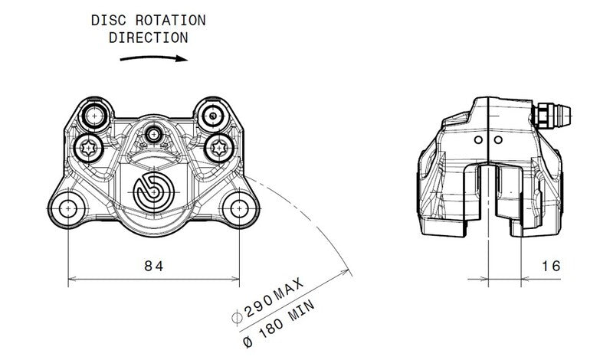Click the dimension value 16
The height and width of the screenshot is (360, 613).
click(549, 266)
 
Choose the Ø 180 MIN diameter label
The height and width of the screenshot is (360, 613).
click(288, 322)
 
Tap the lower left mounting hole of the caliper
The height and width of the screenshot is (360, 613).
click(69, 208)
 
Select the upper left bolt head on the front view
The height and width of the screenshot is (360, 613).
click(94, 116)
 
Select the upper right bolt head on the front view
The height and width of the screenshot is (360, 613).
click(213, 116)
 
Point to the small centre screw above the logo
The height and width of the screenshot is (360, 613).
click(156, 133)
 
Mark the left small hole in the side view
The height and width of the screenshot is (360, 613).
click(477, 140)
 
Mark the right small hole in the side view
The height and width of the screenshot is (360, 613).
click(497, 140)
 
